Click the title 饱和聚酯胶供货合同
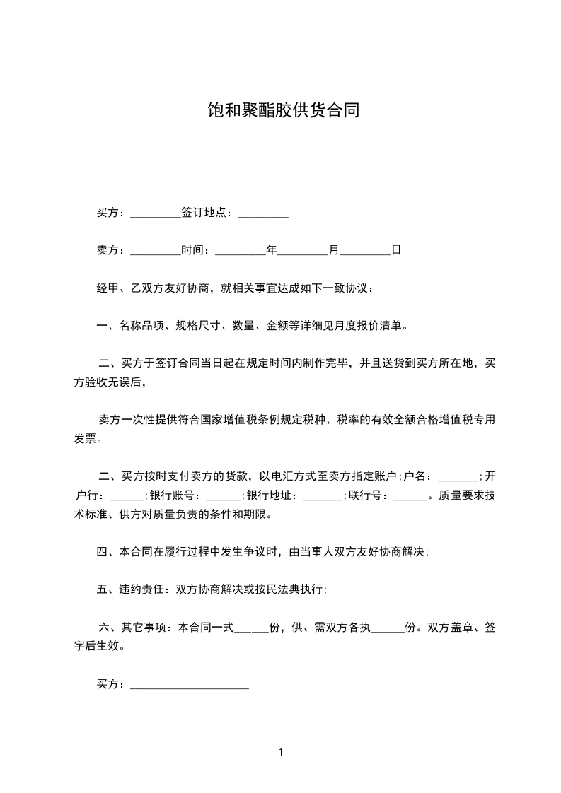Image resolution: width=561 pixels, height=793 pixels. point(280,110)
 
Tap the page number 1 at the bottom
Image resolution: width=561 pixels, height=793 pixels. point(281,753)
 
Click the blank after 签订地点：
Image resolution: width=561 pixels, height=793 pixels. point(263,213)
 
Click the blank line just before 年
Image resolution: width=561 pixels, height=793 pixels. point(240,250)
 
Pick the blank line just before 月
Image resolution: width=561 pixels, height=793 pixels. point(303,250)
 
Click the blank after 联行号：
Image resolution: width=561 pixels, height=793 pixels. point(410,495)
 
